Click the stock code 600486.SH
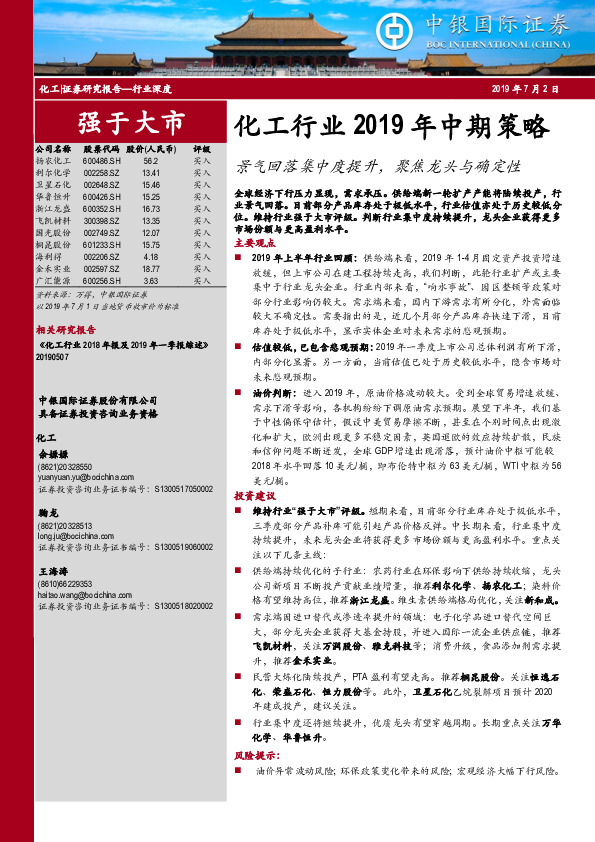coord(103,160)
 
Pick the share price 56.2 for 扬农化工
coord(151,160)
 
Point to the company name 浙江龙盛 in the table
coord(52,208)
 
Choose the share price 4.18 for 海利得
coord(151,257)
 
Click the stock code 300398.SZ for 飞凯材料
coord(103,221)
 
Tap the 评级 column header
coord(202,148)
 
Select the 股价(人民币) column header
coord(151,148)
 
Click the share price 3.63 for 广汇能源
coord(151,281)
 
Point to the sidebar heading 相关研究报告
coord(64,327)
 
